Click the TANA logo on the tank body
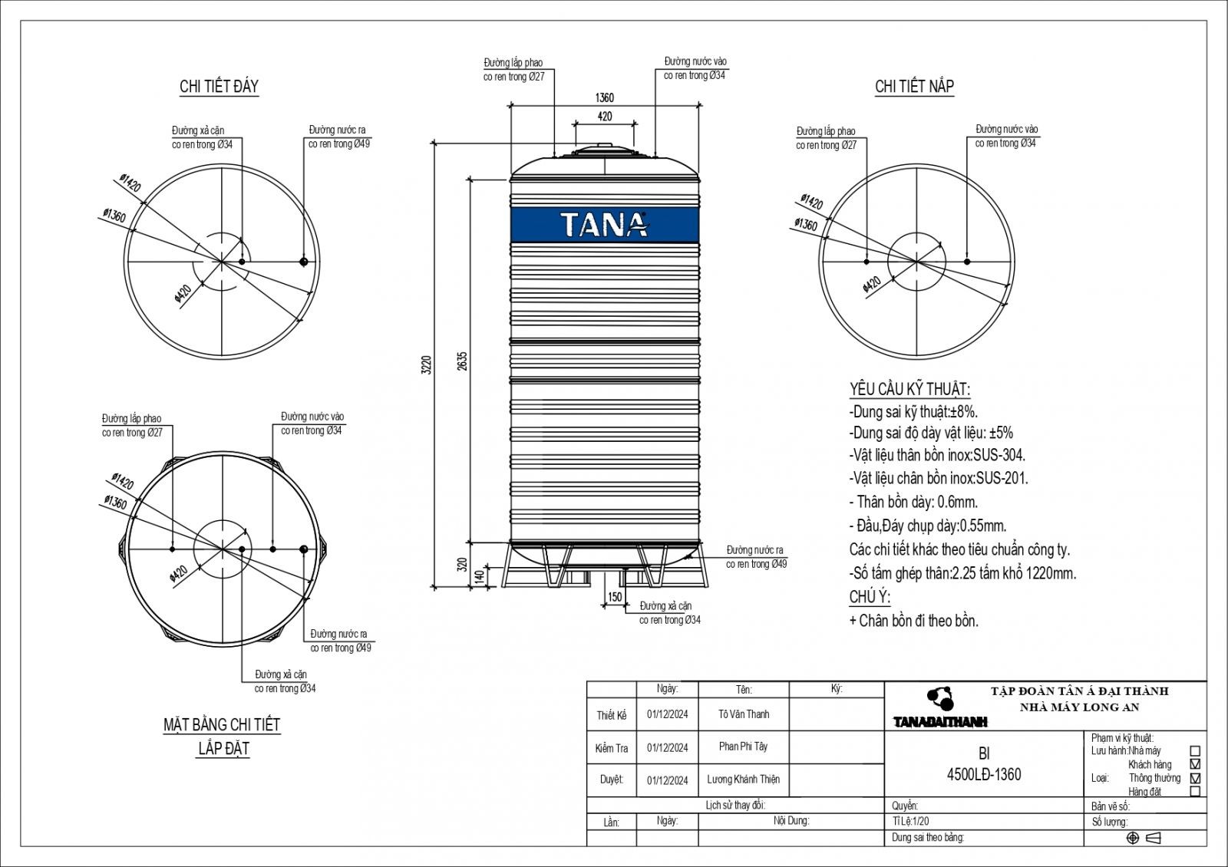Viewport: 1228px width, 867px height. point(604,225)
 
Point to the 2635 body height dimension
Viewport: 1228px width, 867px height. point(462,361)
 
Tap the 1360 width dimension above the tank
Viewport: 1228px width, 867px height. point(604,98)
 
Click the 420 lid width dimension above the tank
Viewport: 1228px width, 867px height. point(604,117)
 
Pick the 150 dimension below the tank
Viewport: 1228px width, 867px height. point(615,597)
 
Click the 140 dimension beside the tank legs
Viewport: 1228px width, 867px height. point(480,576)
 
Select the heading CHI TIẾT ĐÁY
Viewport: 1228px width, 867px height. point(219,87)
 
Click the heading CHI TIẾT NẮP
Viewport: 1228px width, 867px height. point(914,87)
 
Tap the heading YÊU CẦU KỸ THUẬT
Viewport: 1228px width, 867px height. point(909,389)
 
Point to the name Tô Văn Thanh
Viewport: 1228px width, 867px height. point(744,714)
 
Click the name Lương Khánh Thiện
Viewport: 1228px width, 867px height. point(743,780)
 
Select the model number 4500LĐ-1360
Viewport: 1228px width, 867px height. point(984,775)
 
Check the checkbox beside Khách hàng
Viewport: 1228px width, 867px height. point(1194,764)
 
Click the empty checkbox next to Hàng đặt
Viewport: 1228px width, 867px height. point(1194,791)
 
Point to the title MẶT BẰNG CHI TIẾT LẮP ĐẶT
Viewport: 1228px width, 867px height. point(222,736)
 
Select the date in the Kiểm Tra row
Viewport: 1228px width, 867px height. point(667,748)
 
